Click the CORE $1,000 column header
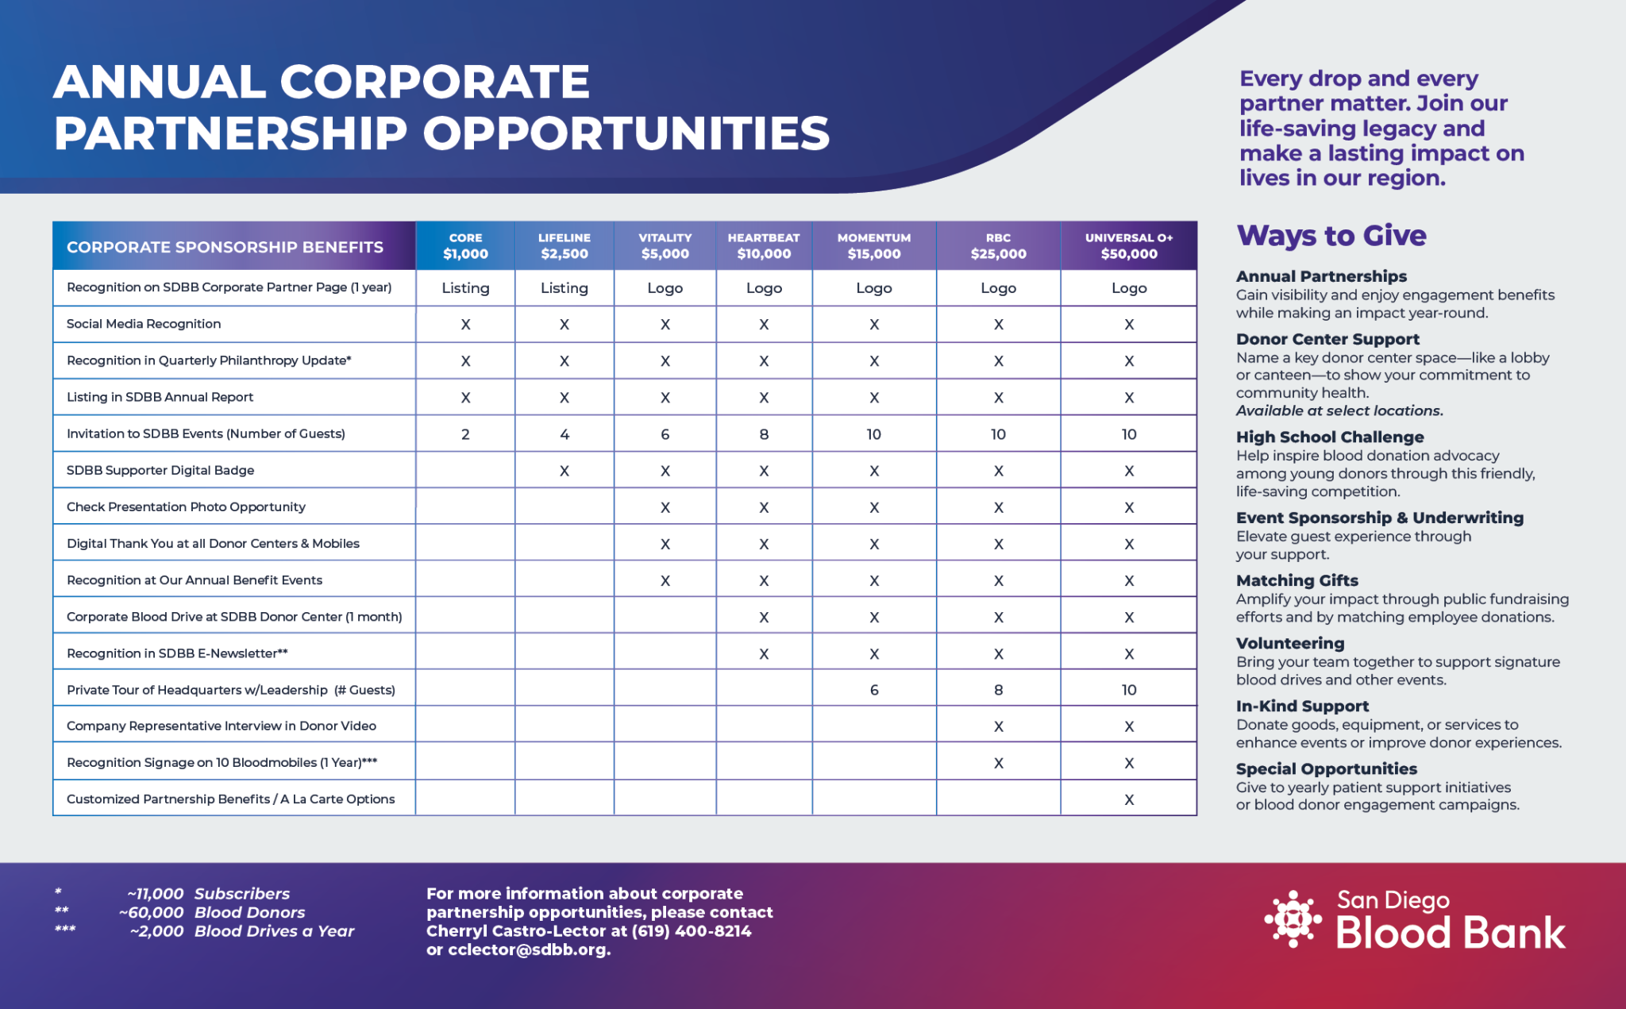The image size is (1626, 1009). pyautogui.click(x=465, y=246)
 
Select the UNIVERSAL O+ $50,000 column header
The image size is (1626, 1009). pyautogui.click(x=1128, y=246)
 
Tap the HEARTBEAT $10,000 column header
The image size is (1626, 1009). pyautogui.click(x=764, y=246)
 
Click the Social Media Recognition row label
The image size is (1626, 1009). pyautogui.click(x=144, y=324)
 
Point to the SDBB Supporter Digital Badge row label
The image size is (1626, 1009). pyautogui.click(x=160, y=470)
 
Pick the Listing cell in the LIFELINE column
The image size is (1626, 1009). pyautogui.click(x=564, y=288)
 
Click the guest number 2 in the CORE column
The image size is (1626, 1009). pyautogui.click(x=465, y=434)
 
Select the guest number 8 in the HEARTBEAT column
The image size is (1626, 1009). pyautogui.click(x=764, y=434)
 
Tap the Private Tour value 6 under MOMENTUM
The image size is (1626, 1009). pyautogui.click(x=874, y=690)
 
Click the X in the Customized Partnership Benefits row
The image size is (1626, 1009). pyautogui.click(x=1129, y=799)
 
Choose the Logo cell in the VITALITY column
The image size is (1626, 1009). pyautogui.click(x=665, y=288)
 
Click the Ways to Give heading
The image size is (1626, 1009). pyautogui.click(x=1331, y=236)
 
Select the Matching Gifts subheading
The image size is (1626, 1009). pyautogui.click(x=1297, y=580)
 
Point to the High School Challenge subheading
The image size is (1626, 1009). pyautogui.click(x=1330, y=437)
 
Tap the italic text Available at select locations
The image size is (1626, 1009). pyautogui.click(x=1339, y=410)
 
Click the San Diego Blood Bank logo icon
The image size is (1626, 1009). pyautogui.click(x=1293, y=919)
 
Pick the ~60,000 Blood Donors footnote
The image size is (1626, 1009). pyautogui.click(x=212, y=913)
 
